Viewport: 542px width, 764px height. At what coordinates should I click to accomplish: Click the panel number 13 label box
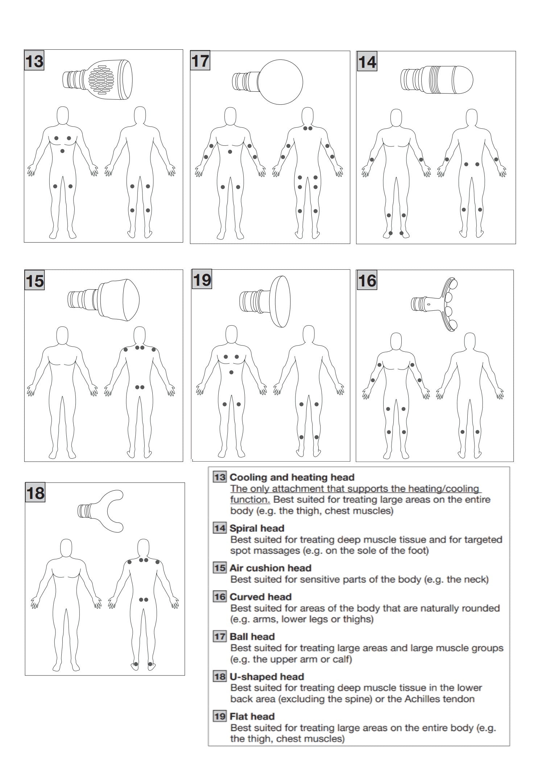pyautogui.click(x=34, y=60)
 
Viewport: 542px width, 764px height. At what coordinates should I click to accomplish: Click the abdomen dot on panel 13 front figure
pyautogui.click(x=62, y=151)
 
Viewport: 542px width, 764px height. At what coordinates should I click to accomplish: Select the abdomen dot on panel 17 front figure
pyautogui.click(x=230, y=152)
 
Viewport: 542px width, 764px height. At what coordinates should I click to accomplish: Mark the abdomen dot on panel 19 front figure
pyautogui.click(x=231, y=372)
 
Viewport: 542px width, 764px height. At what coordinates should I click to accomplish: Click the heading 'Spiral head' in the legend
pyautogui.click(x=257, y=528)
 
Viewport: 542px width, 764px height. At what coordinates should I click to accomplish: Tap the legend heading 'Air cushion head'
pyautogui.click(x=270, y=568)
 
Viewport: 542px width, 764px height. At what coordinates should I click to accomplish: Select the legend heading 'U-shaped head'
pyautogui.click(x=267, y=677)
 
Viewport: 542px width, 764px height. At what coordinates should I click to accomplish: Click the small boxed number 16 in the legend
pyautogui.click(x=220, y=597)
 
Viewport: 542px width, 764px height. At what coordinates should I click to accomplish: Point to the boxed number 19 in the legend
pyautogui.click(x=220, y=716)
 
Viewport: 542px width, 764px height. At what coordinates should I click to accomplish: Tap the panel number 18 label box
pyautogui.click(x=35, y=493)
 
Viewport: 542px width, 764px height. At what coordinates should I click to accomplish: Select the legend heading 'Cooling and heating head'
pyautogui.click(x=292, y=477)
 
